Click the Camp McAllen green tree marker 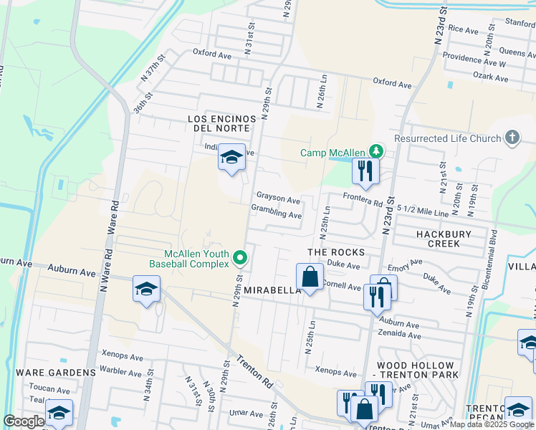point(375,151)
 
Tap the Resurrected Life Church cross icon point(512,138)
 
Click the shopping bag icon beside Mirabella point(310,277)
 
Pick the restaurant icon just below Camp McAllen point(365,171)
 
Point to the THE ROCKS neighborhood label point(336,252)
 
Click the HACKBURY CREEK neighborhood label point(438,239)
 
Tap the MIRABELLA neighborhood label point(272,290)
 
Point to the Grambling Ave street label point(277,214)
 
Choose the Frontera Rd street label point(363,201)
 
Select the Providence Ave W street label point(474,59)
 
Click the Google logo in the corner point(24,421)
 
